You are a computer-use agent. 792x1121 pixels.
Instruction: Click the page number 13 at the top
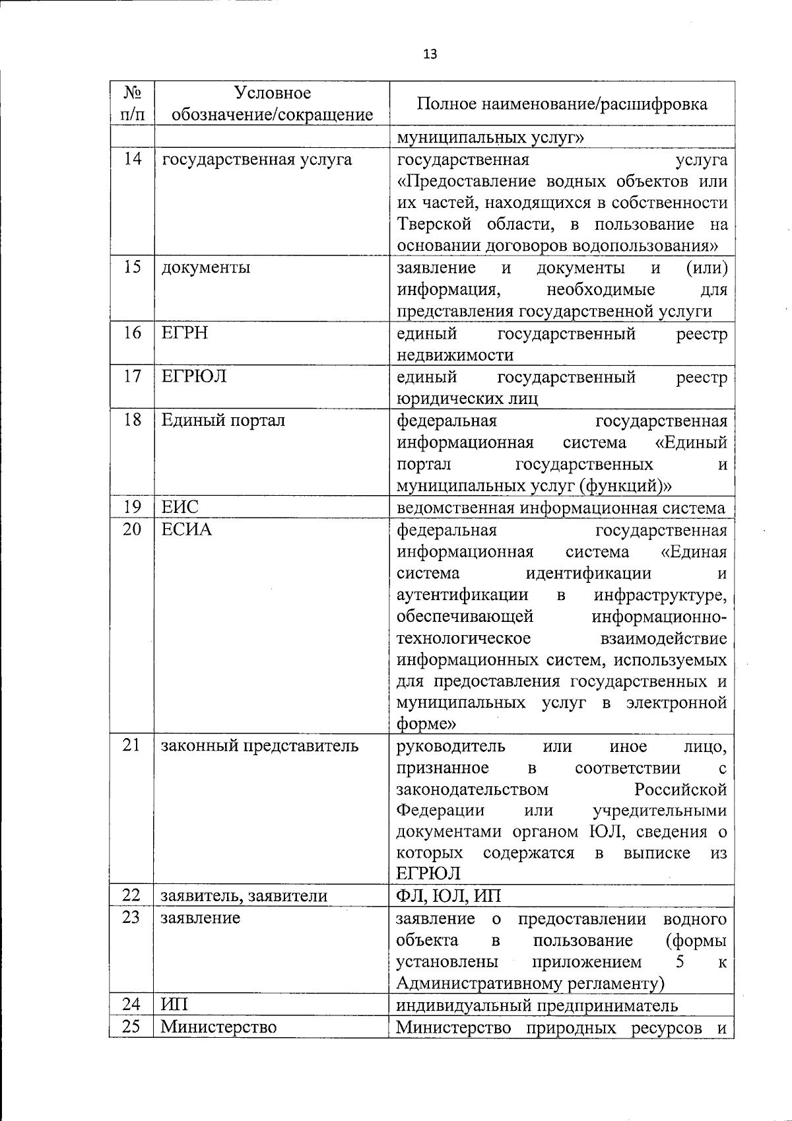[430, 54]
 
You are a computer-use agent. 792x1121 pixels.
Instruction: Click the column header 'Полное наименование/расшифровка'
[562, 104]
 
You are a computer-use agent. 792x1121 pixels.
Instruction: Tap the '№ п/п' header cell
[132, 104]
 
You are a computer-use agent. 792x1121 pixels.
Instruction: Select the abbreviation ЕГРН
[184, 333]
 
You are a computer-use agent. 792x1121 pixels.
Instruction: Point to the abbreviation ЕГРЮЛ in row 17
[193, 376]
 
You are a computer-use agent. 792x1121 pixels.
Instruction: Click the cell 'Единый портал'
[223, 420]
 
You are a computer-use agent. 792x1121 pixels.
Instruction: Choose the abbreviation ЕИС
[180, 507]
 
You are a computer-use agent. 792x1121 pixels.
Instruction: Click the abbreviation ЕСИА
[187, 529]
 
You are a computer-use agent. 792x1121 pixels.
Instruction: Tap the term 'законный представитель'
[260, 746]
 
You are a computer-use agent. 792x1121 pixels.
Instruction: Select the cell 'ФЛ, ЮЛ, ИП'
[448, 896]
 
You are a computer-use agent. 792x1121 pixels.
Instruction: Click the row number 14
[132, 159]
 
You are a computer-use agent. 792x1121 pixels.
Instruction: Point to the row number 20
[132, 529]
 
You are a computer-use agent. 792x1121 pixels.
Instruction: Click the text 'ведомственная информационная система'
[560, 508]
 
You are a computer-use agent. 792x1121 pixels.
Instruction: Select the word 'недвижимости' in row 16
[455, 355]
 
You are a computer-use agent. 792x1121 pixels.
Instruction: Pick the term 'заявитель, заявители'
[244, 896]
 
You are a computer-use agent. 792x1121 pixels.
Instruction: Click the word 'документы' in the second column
[205, 268]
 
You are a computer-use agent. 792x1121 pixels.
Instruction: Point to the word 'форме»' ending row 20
[426, 724]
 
